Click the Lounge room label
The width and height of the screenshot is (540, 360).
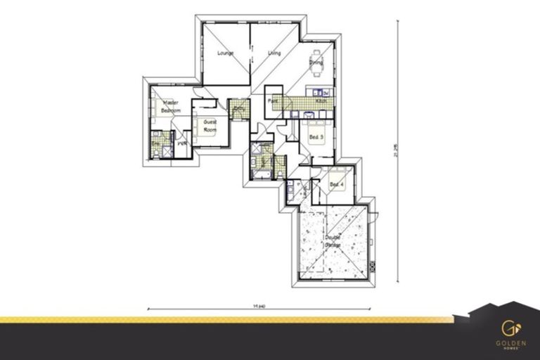[x=225, y=53]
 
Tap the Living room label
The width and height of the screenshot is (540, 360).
[x=275, y=53]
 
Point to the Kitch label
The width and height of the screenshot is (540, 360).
[x=321, y=101]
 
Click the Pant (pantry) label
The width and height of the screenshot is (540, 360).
[x=271, y=101]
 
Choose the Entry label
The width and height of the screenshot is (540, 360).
[x=238, y=108]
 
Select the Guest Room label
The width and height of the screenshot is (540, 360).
[x=210, y=125]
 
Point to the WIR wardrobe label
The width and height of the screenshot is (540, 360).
[x=181, y=143]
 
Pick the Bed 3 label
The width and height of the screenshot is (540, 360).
[x=316, y=136]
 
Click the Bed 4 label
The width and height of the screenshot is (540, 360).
[x=337, y=185]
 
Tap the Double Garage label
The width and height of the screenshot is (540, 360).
[x=333, y=240]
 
